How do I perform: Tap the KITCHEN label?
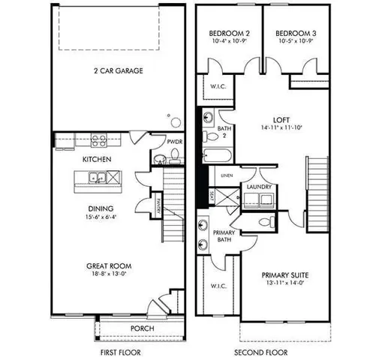coord(97,160)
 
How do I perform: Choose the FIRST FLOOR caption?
coord(120,352)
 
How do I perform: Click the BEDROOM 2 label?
coord(229,34)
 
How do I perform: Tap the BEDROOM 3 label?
coord(292,34)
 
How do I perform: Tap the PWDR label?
coord(175,142)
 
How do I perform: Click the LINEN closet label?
coord(227,175)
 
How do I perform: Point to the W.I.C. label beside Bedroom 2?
coord(218,85)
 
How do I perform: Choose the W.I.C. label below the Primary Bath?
coord(219,286)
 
